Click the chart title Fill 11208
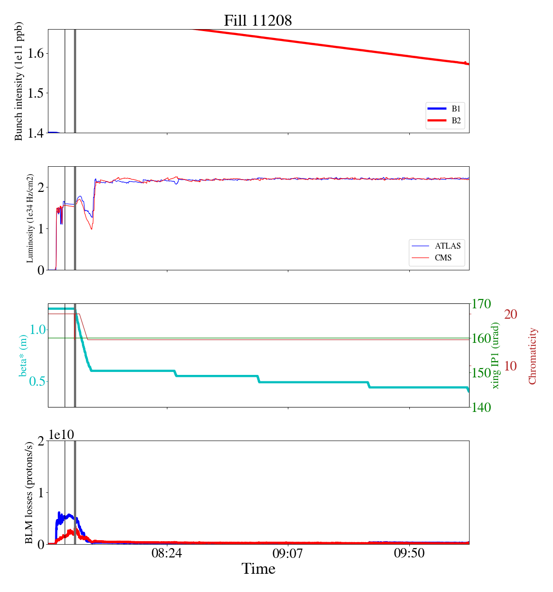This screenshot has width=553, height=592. (x=258, y=21)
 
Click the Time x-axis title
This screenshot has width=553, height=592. (x=258, y=569)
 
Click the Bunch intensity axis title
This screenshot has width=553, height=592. (x=19, y=81)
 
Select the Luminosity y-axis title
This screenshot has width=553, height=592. (x=30, y=218)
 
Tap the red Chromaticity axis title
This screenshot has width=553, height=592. (x=532, y=356)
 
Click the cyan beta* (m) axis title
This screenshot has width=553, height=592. (x=23, y=355)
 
